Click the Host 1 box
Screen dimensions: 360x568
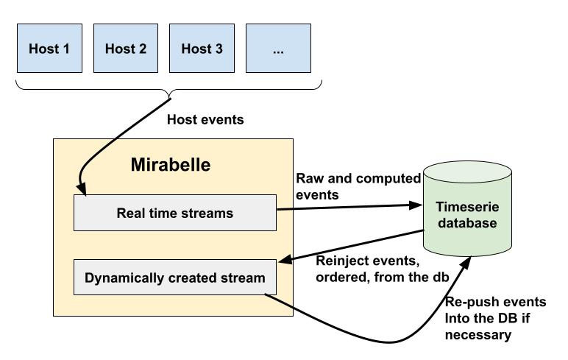click(49, 49)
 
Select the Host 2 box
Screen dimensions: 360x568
click(126, 49)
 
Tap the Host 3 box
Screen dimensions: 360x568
click(202, 49)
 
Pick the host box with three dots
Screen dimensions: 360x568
click(277, 49)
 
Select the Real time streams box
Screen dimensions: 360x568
click(175, 213)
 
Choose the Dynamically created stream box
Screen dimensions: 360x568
click(175, 278)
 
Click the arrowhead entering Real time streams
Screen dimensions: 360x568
click(84, 194)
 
